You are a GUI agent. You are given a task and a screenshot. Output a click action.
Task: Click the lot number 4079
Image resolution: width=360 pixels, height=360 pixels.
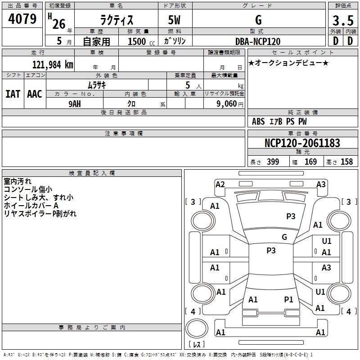click(x=22, y=19)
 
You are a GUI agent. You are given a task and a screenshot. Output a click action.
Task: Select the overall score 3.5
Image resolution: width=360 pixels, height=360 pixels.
click(x=342, y=21)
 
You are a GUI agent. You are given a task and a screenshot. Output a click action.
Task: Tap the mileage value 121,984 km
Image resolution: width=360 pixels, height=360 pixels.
click(x=52, y=64)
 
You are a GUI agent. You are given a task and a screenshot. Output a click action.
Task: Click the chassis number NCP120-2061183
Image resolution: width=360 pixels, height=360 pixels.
click(x=302, y=143)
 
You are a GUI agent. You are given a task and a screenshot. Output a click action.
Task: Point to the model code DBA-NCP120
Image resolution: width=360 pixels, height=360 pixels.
click(x=258, y=41)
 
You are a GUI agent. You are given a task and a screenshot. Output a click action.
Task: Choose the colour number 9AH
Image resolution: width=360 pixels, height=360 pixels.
click(x=75, y=103)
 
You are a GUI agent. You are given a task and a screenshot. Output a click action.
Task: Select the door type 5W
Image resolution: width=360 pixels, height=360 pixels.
click(x=175, y=20)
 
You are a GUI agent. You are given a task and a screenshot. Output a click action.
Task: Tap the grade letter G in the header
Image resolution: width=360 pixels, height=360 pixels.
click(x=258, y=20)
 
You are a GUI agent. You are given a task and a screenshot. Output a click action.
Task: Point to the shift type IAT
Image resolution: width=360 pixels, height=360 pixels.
click(x=13, y=94)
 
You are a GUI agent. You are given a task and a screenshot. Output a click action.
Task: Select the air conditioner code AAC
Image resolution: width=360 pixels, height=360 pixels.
click(x=35, y=94)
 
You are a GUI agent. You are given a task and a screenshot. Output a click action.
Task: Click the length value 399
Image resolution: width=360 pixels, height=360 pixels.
click(x=273, y=162)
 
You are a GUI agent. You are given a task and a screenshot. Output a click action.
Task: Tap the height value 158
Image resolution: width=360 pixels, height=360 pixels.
click(x=346, y=162)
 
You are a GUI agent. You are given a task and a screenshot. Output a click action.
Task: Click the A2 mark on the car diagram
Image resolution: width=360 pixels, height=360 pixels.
click(x=220, y=184)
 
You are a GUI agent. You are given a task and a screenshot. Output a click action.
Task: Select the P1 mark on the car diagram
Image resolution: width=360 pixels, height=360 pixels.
click(x=288, y=299)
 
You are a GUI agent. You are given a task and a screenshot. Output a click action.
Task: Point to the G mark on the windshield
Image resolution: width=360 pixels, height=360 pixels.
click(x=284, y=237)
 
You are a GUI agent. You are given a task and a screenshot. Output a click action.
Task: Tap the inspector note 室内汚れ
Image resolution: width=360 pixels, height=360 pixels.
click(x=18, y=181)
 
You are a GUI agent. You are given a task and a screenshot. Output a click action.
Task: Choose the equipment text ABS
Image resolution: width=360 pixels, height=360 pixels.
click(x=258, y=121)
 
